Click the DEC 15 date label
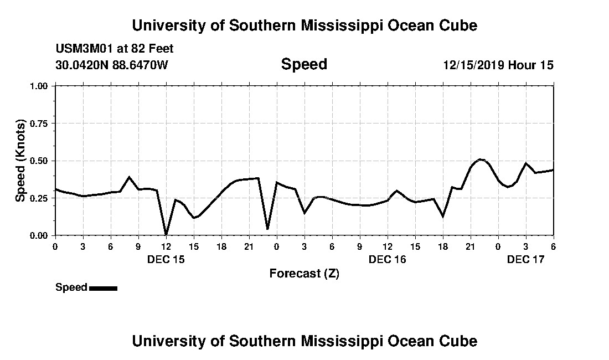click(166, 259)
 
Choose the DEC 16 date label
click(388, 259)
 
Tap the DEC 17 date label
click(526, 259)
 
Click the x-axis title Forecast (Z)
click(304, 274)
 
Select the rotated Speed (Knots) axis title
click(20, 161)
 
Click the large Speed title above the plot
click(304, 64)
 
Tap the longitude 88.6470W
click(141, 65)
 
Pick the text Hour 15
click(531, 65)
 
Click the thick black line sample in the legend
click(103, 288)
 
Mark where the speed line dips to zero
click(166, 234)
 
